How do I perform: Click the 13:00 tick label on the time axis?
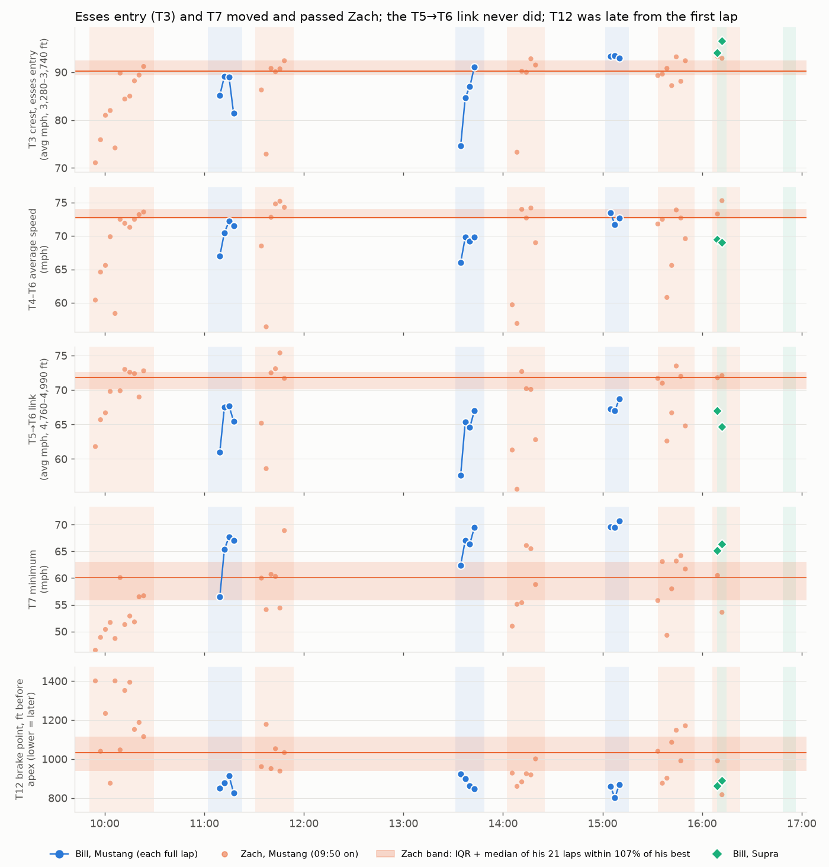[x=403, y=823]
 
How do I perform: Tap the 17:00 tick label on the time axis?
[x=801, y=823]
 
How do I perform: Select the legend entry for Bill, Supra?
[x=747, y=853]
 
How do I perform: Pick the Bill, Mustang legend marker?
[x=59, y=853]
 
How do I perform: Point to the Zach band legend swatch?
[x=385, y=853]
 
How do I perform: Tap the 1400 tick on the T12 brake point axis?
[x=54, y=682]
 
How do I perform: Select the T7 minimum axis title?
[x=38, y=579]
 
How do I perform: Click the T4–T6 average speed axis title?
[x=38, y=260]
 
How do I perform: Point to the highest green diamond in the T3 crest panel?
[x=722, y=41]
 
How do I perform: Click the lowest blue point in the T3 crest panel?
[x=461, y=146]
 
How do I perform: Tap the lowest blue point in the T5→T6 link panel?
[x=461, y=476]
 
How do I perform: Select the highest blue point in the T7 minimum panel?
[x=619, y=522]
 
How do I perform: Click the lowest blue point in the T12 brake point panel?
[x=615, y=798]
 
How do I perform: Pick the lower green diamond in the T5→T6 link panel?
[x=722, y=427]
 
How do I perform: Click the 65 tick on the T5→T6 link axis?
[x=61, y=425]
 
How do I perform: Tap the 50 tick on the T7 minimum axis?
[x=61, y=632]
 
